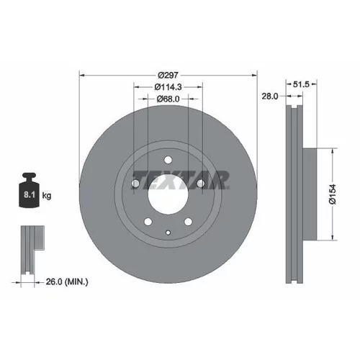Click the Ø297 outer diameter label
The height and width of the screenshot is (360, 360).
coord(168,76)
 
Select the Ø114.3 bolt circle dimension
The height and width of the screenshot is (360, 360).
coord(168,87)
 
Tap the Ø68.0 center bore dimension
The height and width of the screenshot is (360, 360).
coord(168,99)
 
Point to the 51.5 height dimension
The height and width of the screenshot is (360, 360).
coord(301,84)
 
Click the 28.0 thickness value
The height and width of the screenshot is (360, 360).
coord(270,96)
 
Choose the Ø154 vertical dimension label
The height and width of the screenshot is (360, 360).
coord(333,194)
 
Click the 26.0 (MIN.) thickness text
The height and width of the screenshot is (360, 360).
coord(67,282)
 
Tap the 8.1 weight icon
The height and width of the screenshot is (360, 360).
coord(29,190)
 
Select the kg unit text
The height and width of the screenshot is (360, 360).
coord(47,196)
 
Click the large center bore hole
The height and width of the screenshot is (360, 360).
coord(168,194)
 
